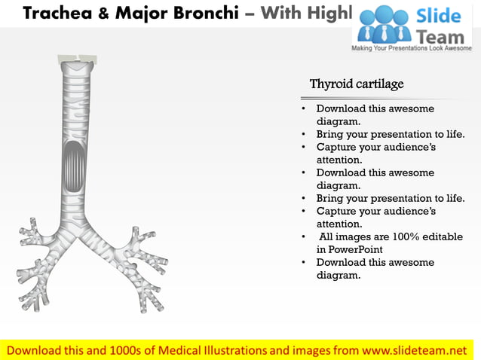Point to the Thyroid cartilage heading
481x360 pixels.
pos(357,84)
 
